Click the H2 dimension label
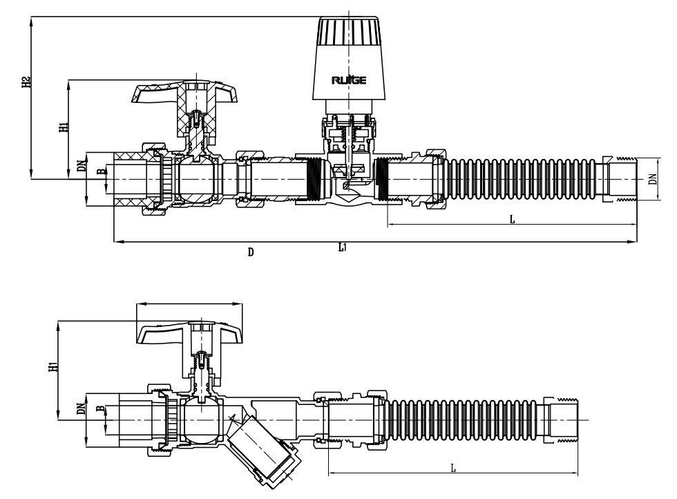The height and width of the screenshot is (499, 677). coord(26,82)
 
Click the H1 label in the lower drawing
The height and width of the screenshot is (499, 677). coord(53,366)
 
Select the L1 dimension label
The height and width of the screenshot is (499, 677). coord(343,247)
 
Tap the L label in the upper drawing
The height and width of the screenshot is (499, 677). coord(511,219)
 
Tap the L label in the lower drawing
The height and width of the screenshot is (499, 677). coord(453,468)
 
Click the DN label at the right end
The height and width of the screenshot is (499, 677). coord(652,179)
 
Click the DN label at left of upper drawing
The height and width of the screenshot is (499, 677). coord(82,167)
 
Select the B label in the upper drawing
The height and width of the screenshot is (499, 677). coord(101,171)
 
